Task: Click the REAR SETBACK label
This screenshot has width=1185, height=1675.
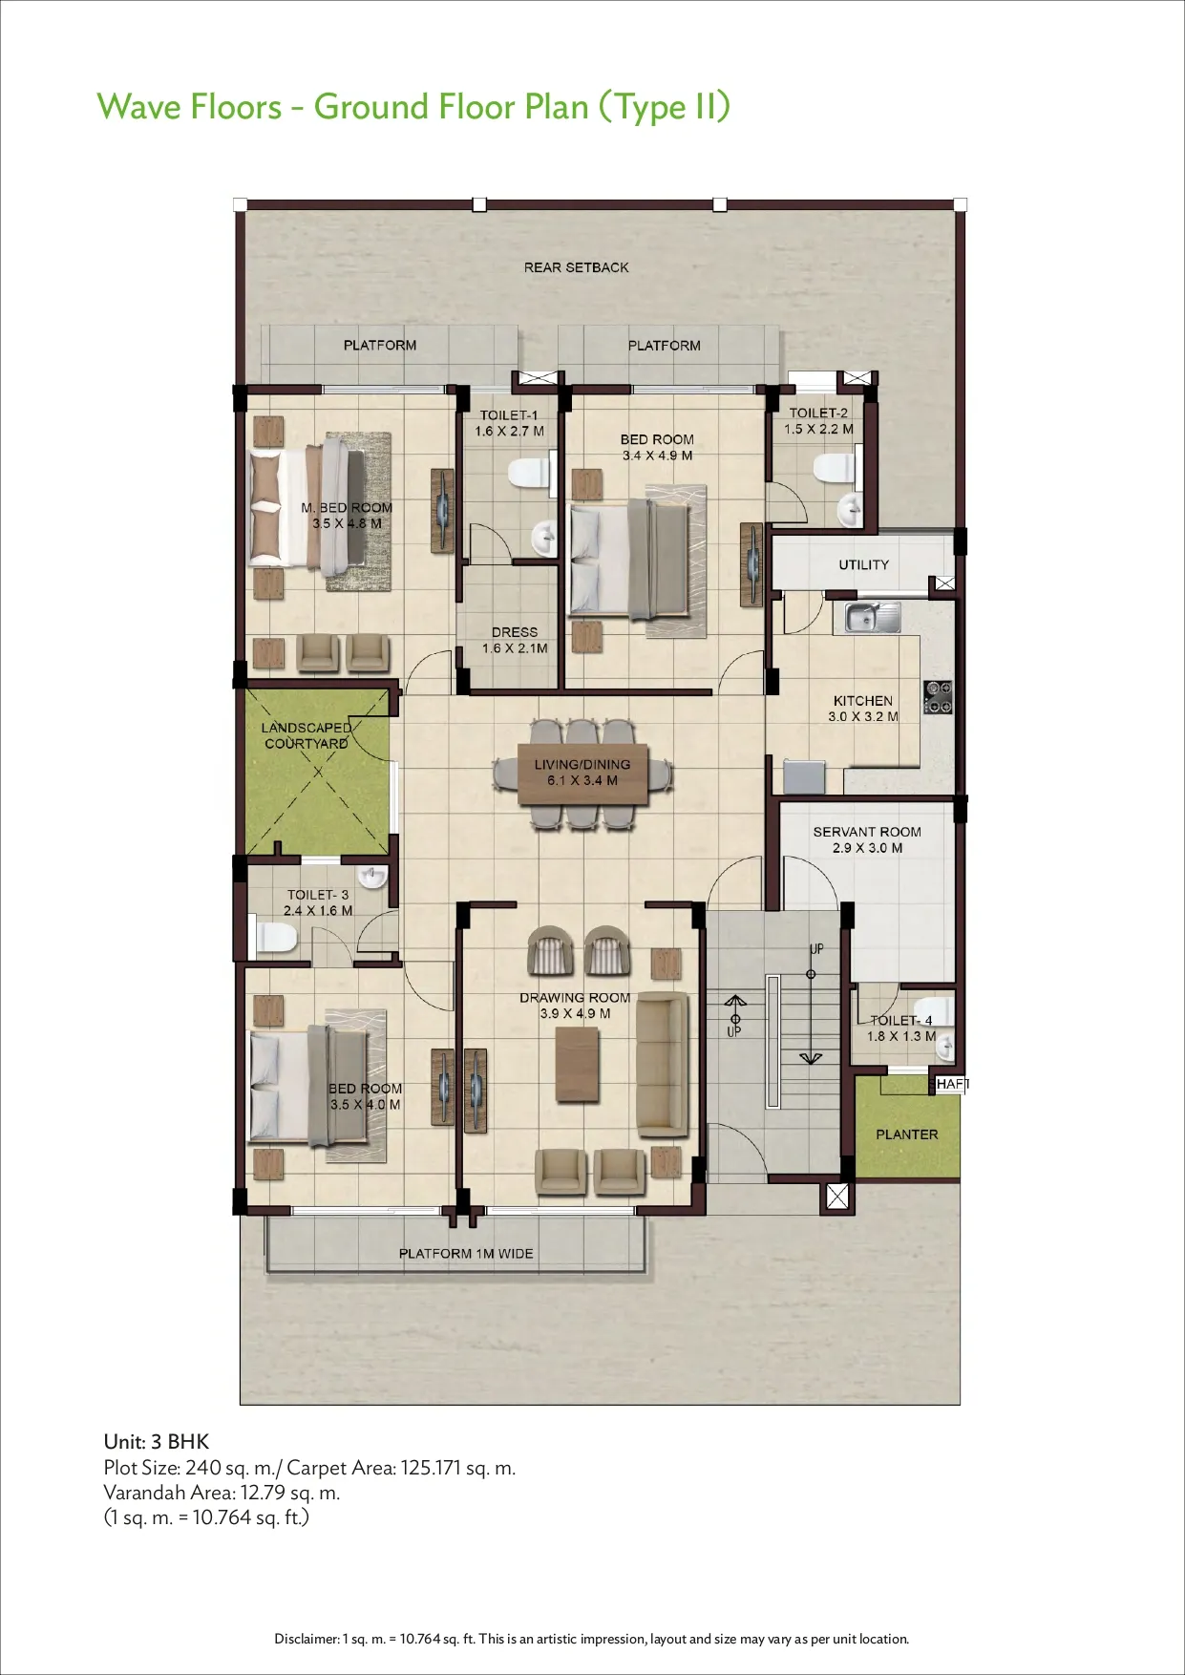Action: (x=576, y=267)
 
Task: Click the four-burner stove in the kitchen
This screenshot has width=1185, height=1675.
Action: (x=939, y=697)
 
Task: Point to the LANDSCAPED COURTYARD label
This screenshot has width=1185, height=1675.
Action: (x=307, y=735)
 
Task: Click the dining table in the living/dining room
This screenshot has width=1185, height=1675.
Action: (x=582, y=773)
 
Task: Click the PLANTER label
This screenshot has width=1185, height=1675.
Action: (x=907, y=1134)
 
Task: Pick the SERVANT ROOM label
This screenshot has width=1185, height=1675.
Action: (x=867, y=832)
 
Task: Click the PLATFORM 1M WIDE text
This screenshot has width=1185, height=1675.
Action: (x=466, y=1253)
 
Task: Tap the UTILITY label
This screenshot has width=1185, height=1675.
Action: (x=863, y=564)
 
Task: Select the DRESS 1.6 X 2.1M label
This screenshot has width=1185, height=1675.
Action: (x=515, y=640)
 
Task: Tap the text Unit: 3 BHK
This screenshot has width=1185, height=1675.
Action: (x=157, y=1442)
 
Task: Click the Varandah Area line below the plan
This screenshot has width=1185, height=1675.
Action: (x=222, y=1493)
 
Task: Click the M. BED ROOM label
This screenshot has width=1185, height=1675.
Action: (x=347, y=508)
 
